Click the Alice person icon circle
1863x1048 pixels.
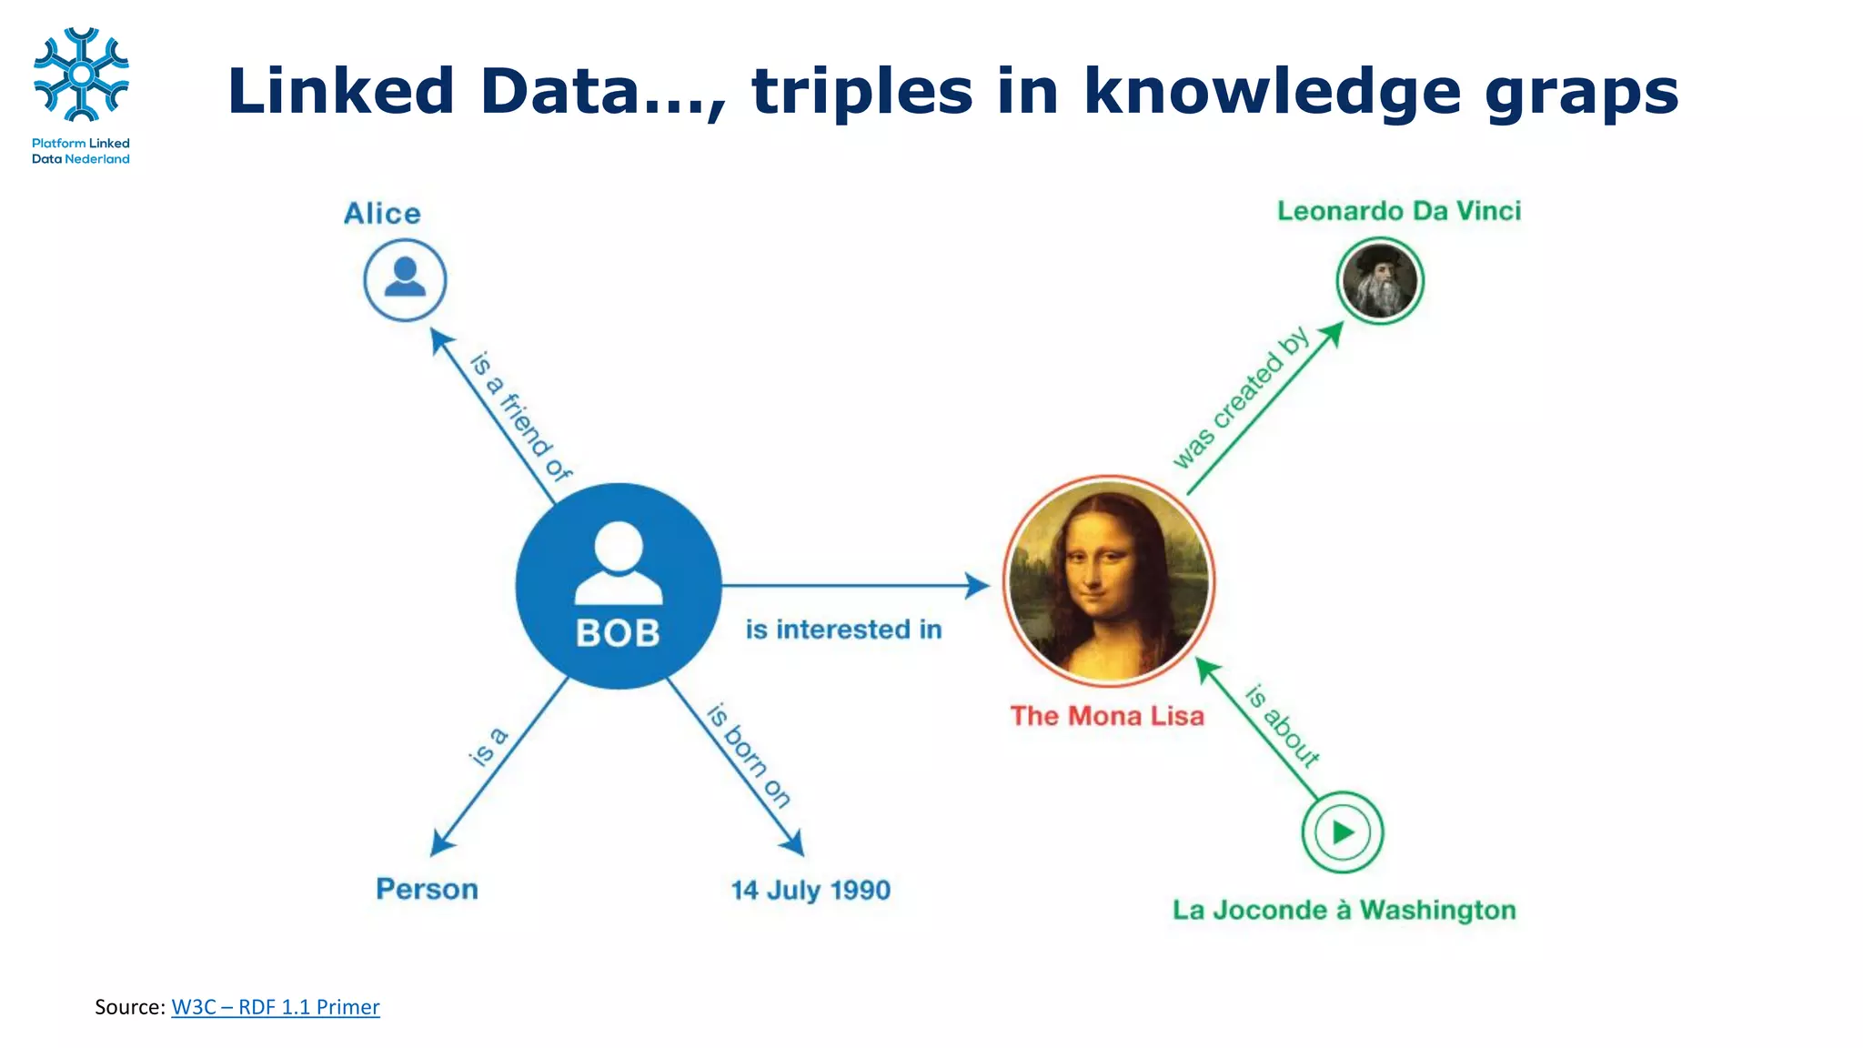(405, 279)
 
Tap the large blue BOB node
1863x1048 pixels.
(619, 585)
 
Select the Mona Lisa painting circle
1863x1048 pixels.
(1109, 580)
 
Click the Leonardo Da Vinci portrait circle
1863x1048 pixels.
(1380, 280)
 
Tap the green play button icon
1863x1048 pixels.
(1343, 831)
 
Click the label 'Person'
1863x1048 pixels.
(427, 889)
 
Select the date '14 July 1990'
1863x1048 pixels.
(811, 890)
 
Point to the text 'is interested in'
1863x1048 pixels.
(843, 630)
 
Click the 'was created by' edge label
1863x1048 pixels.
(1239, 398)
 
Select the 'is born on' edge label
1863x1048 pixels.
(749, 755)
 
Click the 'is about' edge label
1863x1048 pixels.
(1283, 726)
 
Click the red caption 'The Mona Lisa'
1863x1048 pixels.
(1107, 716)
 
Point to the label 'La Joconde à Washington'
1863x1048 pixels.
(1344, 910)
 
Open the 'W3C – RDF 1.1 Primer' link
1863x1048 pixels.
(275, 1007)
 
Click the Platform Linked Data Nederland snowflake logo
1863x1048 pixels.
(81, 75)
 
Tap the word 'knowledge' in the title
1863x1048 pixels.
(1272, 91)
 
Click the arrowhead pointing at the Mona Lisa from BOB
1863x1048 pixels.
(979, 585)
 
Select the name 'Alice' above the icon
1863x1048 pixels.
(382, 213)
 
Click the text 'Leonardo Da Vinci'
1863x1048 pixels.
(1398, 211)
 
